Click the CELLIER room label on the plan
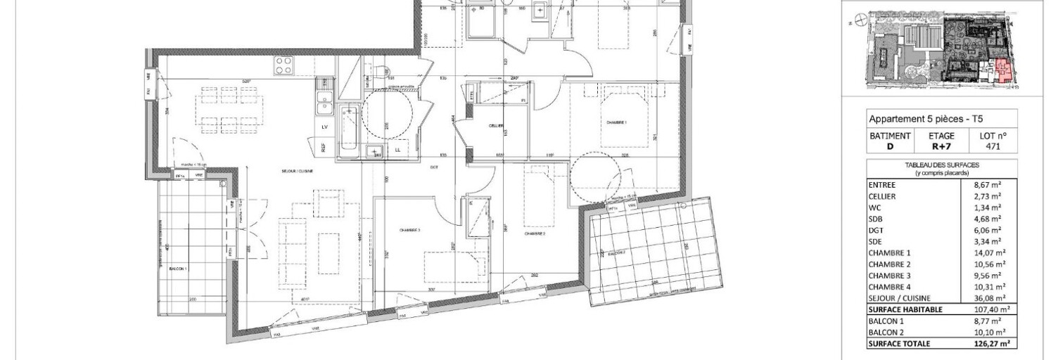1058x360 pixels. pos(497,125)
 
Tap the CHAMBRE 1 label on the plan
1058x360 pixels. pos(616,122)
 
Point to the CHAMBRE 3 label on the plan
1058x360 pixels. pos(409,230)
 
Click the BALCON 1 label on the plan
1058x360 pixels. pos(177,269)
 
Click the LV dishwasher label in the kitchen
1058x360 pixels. pos(324,127)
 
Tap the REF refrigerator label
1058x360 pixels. pos(324,148)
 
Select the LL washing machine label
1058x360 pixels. pos(398,150)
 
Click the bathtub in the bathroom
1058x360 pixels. pos(349,130)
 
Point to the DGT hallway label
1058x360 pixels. pos(434,166)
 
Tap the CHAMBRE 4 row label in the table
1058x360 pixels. pos(891,286)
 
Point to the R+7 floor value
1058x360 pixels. pos(943,147)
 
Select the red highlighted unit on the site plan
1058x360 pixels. pos(1002,72)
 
